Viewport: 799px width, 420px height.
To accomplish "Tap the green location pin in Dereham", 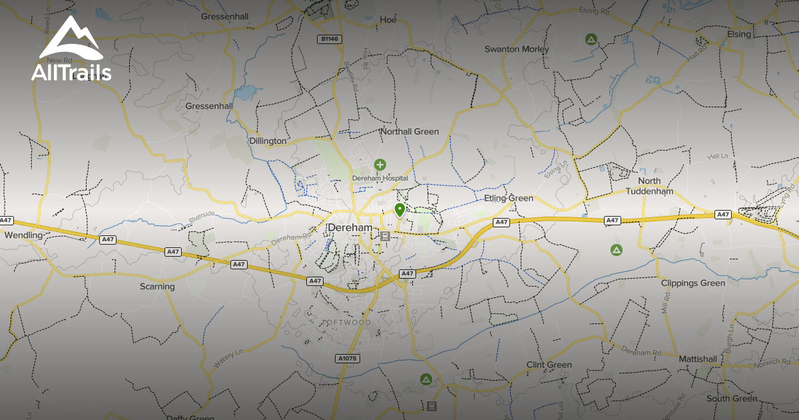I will (400, 211).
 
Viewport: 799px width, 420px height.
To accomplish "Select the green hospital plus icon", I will (380, 164).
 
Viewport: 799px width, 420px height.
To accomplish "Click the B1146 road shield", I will (329, 39).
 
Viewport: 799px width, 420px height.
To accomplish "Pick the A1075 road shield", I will (347, 359).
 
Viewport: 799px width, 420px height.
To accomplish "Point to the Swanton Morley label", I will (517, 49).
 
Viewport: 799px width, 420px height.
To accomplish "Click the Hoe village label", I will (388, 20).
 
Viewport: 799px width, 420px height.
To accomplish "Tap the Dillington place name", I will (267, 141).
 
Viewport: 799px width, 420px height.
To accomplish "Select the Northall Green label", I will (409, 132).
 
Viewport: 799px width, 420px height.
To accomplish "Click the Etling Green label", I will (509, 199).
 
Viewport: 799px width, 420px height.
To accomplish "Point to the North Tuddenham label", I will (649, 186).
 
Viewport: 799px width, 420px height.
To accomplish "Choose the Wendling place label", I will (23, 235).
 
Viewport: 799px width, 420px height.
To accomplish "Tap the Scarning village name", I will (157, 287).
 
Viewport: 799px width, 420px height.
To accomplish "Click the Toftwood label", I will (346, 323).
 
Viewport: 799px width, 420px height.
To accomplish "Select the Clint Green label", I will (549, 365).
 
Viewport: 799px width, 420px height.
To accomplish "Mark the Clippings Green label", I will (692, 283).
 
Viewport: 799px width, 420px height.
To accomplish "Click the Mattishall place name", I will (698, 359).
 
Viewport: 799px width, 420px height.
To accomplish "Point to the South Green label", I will (732, 399).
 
